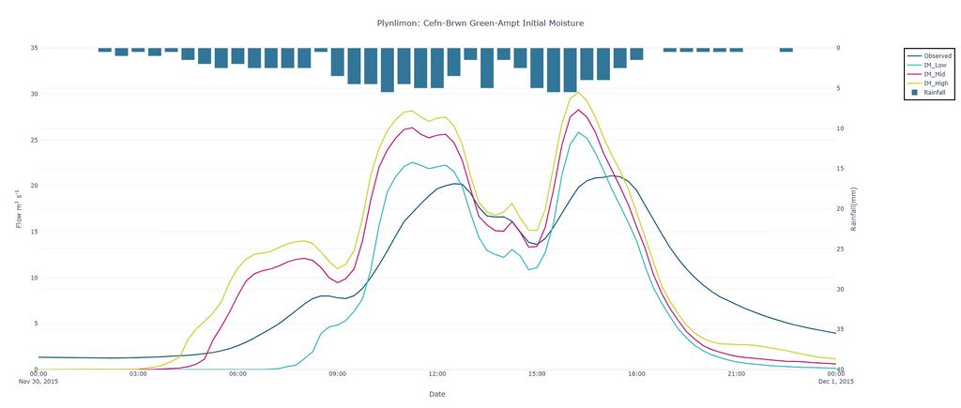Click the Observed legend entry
pyautogui.click(x=938, y=55)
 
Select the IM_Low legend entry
pyautogui.click(x=935, y=65)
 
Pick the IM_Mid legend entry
pyautogui.click(x=935, y=74)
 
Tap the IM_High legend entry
pyautogui.click(x=936, y=83)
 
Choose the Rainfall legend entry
pyautogui.click(x=935, y=93)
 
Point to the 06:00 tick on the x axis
pyautogui.click(x=237, y=373)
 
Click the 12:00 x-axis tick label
pyautogui.click(x=437, y=373)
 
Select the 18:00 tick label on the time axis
pyautogui.click(x=636, y=373)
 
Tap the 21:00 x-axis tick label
pyautogui.click(x=736, y=373)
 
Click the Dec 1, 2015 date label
pyautogui.click(x=835, y=381)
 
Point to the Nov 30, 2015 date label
pyautogui.click(x=38, y=381)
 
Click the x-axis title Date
pyautogui.click(x=437, y=394)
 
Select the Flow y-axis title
pyautogui.click(x=19, y=208)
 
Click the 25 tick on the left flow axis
pyautogui.click(x=34, y=140)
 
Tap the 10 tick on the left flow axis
pyautogui.click(x=34, y=278)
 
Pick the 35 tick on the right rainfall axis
pyautogui.click(x=840, y=329)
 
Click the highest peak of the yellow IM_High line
pyautogui.click(x=578, y=92)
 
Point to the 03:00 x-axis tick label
pyautogui.click(x=138, y=373)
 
